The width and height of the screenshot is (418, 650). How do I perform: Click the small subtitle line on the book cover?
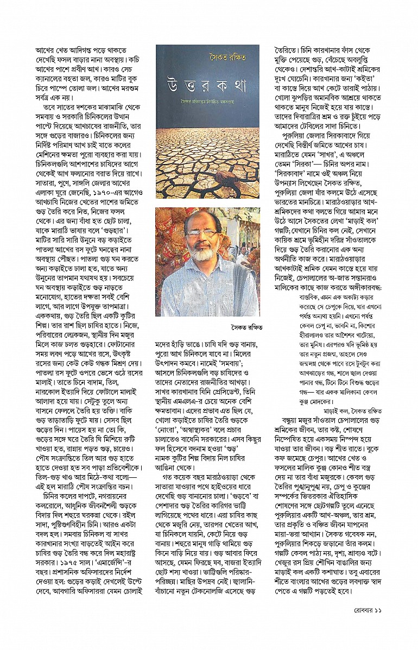click(207, 115)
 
